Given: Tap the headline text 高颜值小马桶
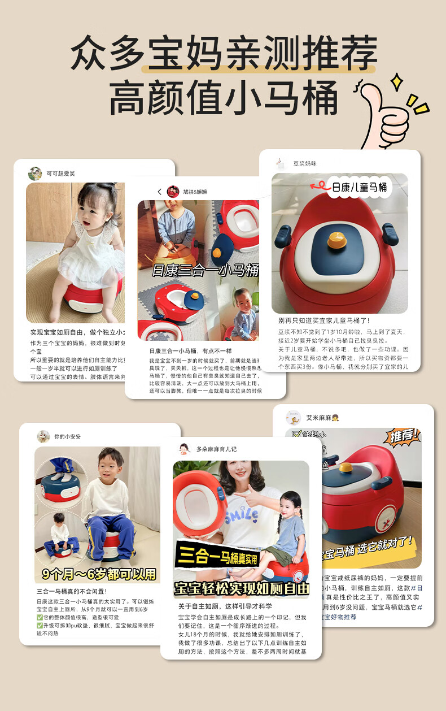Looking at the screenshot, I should point(224,98).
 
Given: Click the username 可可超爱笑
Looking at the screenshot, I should point(60,174).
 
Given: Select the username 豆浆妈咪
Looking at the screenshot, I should point(304,164).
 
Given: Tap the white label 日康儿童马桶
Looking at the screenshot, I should point(359,187).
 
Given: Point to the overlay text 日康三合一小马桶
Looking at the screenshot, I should point(205,270).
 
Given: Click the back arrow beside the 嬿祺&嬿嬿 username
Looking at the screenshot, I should point(160,192).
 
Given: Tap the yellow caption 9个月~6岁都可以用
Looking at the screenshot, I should point(99,574).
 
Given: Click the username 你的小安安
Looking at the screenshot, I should point(68,436).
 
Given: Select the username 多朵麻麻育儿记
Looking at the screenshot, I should point(216,449).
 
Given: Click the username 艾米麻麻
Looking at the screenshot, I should point(319,418).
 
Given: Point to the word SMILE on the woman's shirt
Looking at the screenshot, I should point(241,516).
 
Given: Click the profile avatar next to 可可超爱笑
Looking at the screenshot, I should point(35,174).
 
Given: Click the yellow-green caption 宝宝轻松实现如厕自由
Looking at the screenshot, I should point(242,587).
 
